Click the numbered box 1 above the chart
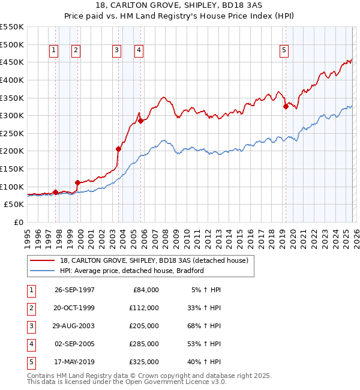click(54, 51)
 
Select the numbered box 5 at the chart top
click(284, 51)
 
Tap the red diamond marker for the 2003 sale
click(118, 149)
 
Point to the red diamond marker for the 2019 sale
click(286, 107)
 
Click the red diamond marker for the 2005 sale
click(140, 121)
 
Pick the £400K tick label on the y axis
click(12, 80)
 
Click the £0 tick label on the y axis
click(19, 223)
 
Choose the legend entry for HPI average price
click(132, 271)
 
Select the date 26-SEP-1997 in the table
click(74, 290)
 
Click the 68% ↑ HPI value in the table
click(206, 326)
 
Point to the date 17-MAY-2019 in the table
click(74, 362)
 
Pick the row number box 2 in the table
click(30, 308)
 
